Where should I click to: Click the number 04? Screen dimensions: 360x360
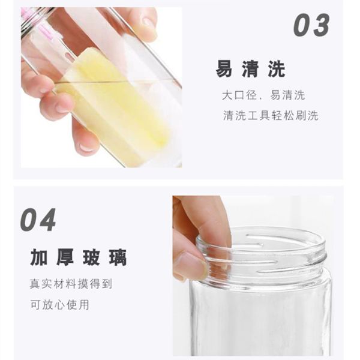38,220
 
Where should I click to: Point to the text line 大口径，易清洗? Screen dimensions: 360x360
263,95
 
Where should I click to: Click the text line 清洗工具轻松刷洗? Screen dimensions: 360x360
270,116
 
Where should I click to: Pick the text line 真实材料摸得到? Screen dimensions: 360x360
70,283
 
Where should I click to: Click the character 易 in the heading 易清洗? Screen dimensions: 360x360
224,69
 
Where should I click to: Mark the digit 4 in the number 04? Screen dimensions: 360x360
47,220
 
